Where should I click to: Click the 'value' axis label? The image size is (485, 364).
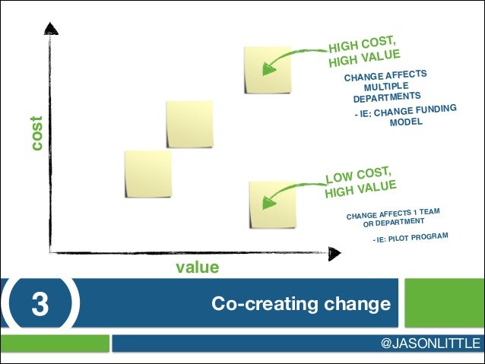click(198, 267)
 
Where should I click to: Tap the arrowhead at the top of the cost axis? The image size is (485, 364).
click(51, 30)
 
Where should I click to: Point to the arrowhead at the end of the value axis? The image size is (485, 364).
click(334, 250)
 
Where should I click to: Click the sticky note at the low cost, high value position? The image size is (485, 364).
click(271, 204)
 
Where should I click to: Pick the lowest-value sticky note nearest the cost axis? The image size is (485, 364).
click(147, 173)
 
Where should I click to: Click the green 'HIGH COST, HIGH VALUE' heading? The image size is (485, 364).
click(363, 50)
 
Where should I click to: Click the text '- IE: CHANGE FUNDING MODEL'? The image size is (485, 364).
click(404, 117)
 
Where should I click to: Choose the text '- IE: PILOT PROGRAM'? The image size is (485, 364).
click(410, 241)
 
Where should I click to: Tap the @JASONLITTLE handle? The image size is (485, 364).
click(430, 343)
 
